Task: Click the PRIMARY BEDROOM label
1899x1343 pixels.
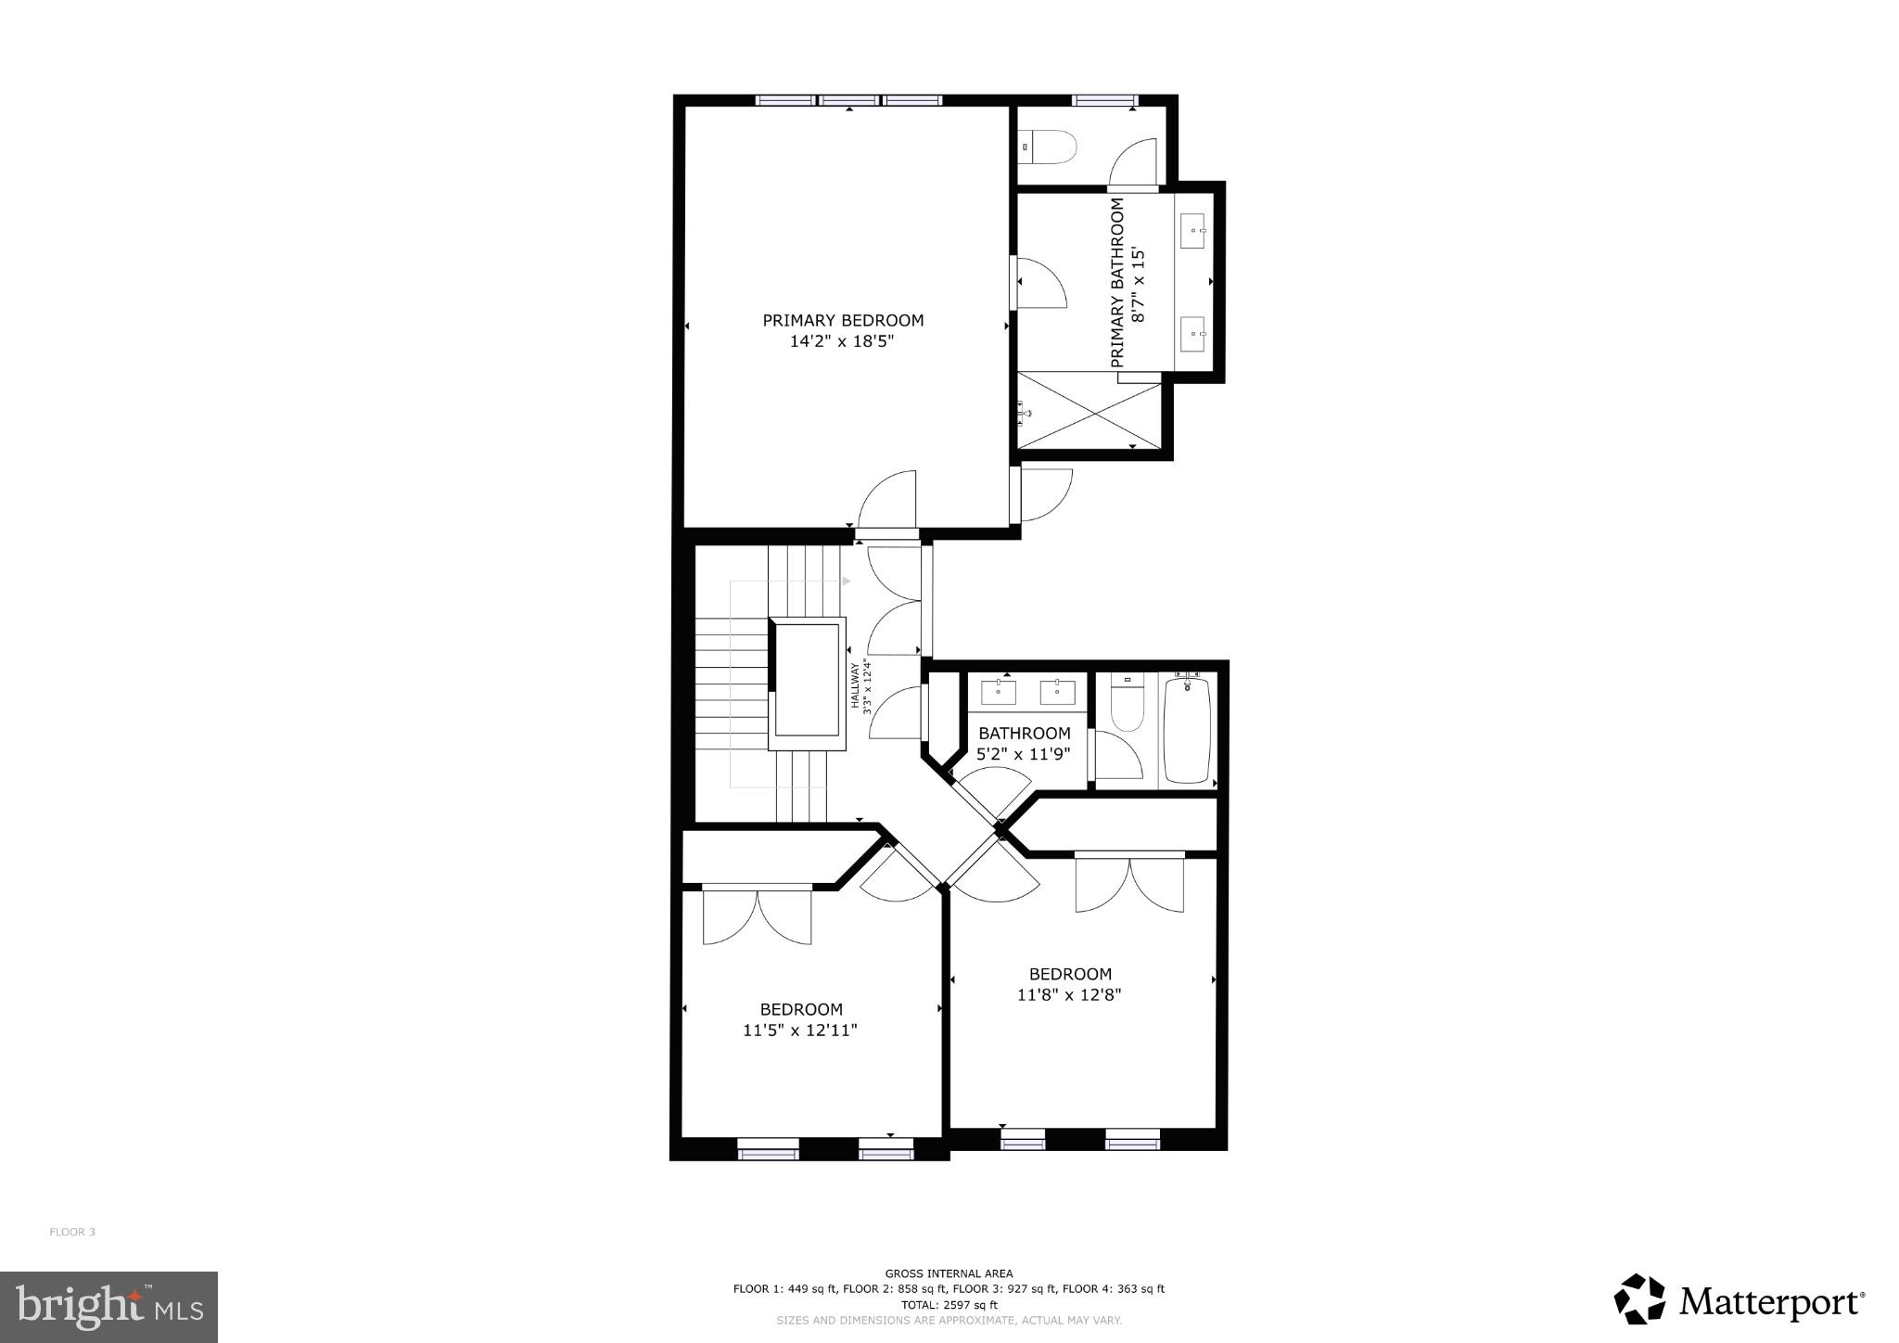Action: [x=843, y=321]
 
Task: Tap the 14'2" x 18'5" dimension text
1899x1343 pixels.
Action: [x=843, y=342]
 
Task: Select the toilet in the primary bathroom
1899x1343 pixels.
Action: [x=1048, y=147]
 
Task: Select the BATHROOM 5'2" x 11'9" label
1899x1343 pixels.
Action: [x=1024, y=744]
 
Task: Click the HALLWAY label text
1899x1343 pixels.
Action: [x=856, y=684]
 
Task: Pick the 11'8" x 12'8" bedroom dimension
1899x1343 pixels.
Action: [x=1069, y=995]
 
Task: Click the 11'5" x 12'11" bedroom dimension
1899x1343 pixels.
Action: [x=800, y=1030]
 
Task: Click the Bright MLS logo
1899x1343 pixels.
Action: [x=108, y=1307]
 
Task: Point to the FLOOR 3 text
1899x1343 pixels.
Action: [x=72, y=1232]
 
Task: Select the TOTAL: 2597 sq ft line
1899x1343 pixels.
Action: [x=949, y=1304]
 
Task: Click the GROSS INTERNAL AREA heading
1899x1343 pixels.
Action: [x=949, y=1273]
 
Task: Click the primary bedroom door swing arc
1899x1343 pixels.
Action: [x=887, y=501]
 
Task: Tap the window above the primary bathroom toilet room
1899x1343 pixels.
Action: [x=1103, y=100]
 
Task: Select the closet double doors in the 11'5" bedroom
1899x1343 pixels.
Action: [x=757, y=916]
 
